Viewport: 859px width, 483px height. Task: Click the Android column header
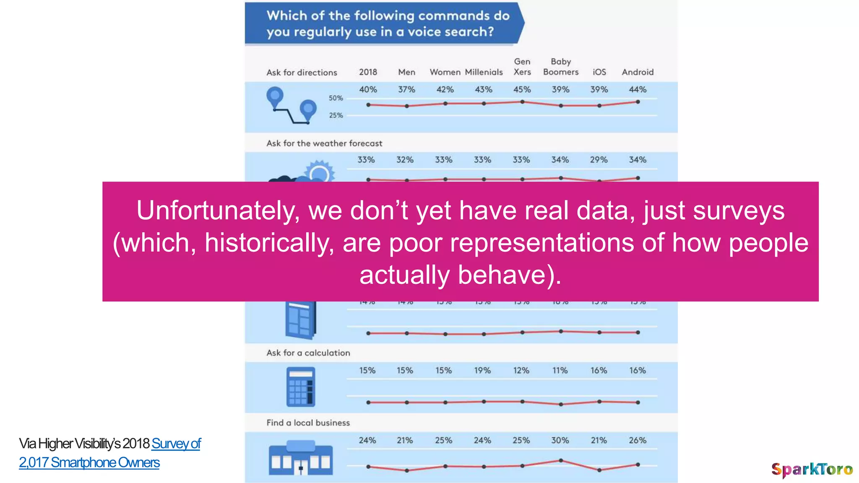pos(638,72)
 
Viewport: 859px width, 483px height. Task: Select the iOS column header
pos(599,72)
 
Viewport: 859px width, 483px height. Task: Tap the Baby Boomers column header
pos(561,67)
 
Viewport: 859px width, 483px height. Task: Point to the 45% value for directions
pos(522,89)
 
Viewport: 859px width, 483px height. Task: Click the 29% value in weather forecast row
pos(599,160)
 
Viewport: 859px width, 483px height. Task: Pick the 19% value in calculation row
pos(482,371)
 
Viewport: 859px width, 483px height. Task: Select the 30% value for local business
pos(560,440)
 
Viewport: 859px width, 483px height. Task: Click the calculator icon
pos(301,387)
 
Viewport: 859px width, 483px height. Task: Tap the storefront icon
pos(301,458)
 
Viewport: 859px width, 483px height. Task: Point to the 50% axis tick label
pos(336,98)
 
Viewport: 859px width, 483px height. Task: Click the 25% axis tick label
pos(336,115)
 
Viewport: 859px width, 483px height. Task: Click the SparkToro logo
pos(812,469)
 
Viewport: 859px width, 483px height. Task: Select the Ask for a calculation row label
pos(308,353)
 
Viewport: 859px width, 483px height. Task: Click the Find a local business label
pos(308,423)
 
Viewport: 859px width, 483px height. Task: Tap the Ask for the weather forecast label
pos(324,143)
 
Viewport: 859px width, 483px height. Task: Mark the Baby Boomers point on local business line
pos(561,460)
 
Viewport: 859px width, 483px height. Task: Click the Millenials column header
pos(484,72)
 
